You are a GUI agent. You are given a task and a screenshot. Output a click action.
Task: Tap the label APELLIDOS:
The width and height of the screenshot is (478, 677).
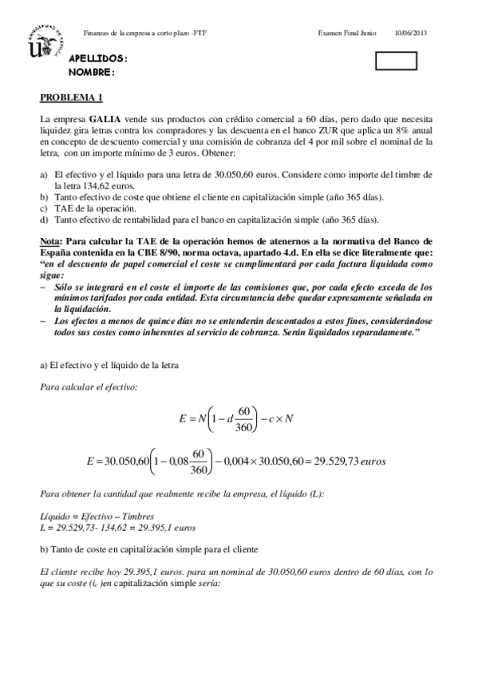(98, 60)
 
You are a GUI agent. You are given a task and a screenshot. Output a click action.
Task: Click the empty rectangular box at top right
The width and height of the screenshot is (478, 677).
(397, 61)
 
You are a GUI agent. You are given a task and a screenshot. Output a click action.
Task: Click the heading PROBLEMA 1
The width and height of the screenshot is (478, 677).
(72, 98)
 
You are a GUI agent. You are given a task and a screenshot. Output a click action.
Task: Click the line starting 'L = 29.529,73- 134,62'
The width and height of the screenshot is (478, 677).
(117, 529)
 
